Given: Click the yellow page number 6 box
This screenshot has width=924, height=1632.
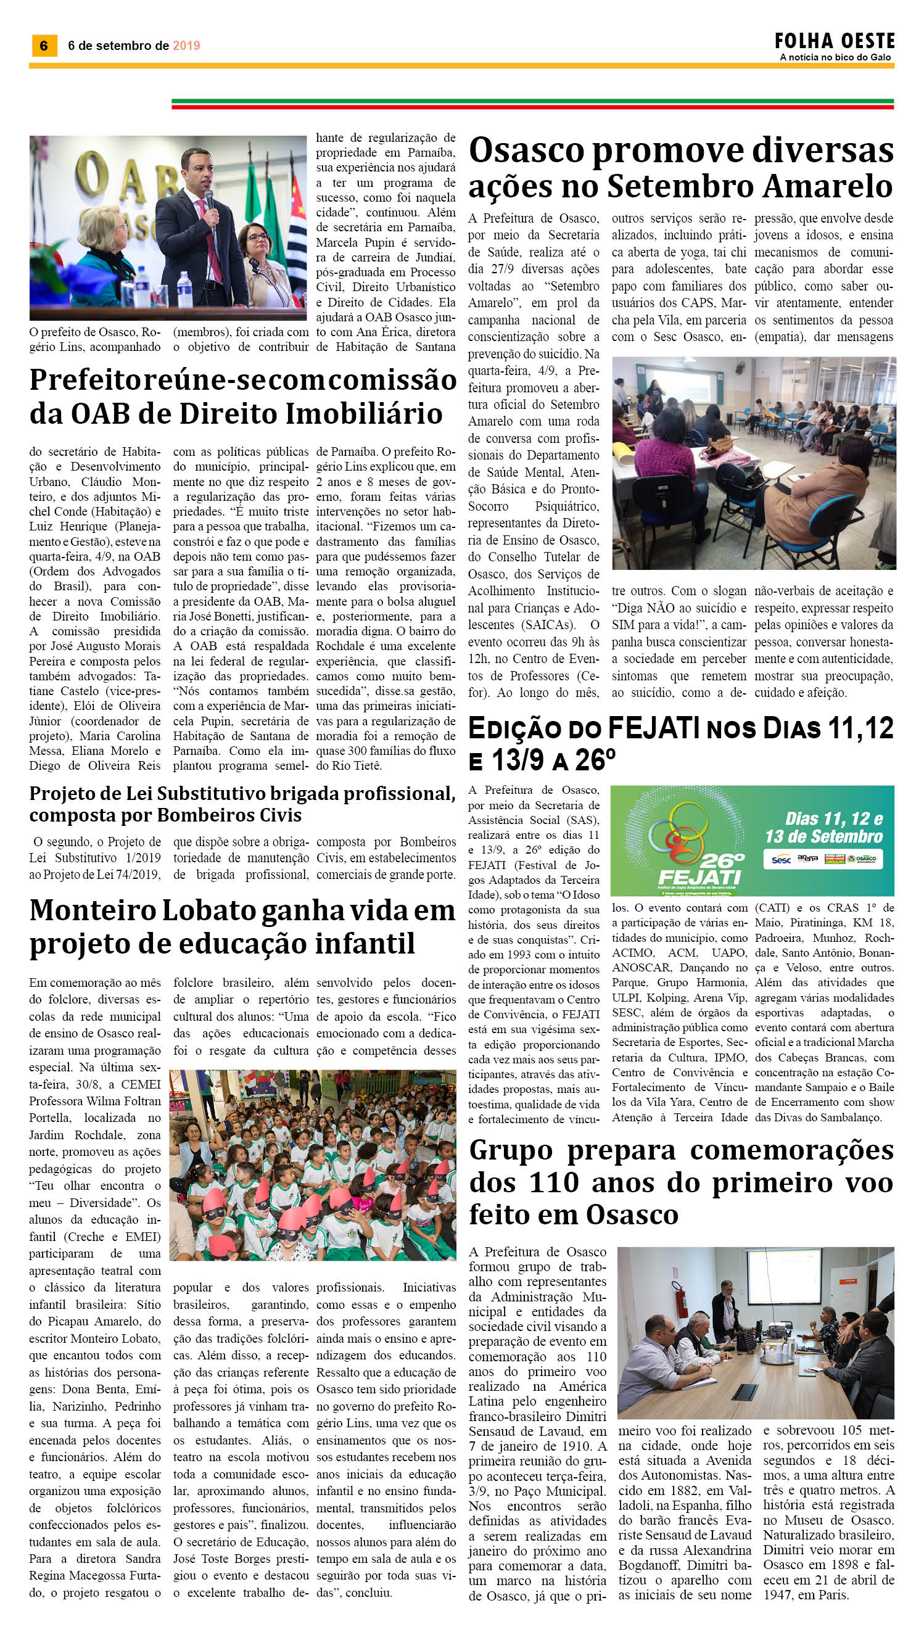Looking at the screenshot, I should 44,46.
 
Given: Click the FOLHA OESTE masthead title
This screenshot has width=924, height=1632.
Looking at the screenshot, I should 834,42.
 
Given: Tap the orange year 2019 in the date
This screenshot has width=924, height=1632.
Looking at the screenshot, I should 186,46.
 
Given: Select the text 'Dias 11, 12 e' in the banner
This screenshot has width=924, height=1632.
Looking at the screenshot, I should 833,818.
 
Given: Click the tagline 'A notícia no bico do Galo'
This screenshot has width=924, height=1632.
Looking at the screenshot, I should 835,57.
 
